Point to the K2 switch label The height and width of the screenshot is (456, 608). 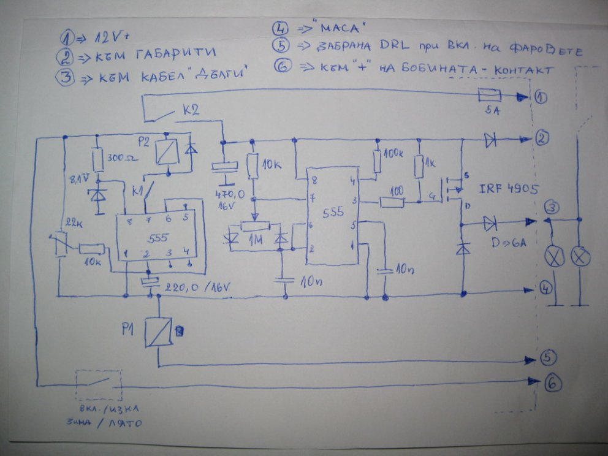[191, 111]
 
